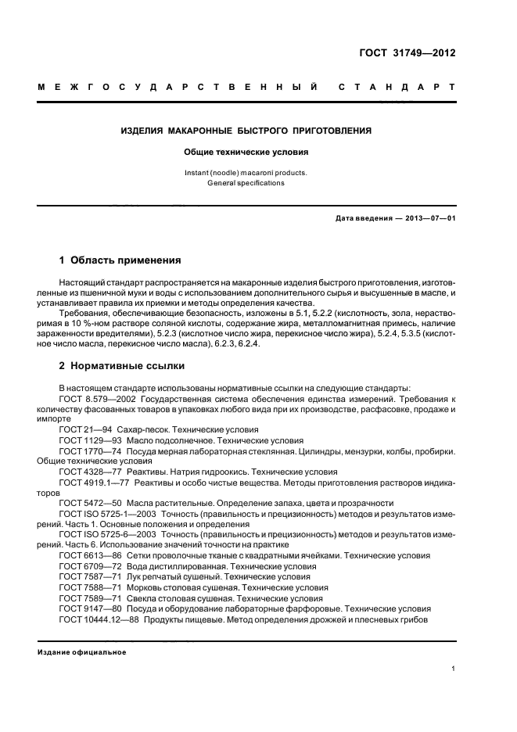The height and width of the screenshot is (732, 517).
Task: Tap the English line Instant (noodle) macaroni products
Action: (246, 172)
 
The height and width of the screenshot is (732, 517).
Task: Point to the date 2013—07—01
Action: (427, 218)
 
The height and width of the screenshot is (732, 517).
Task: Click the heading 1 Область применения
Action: (120, 260)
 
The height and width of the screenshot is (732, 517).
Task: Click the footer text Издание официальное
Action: (82, 651)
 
